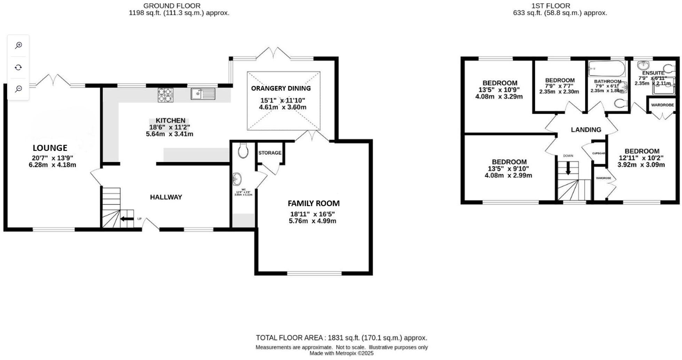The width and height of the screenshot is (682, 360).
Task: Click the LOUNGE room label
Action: coord(50,148)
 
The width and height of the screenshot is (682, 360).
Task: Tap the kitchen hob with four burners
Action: coord(165,95)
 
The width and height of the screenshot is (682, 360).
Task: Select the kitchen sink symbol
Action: coord(203,94)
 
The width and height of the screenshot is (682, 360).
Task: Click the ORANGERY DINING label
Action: coord(281,88)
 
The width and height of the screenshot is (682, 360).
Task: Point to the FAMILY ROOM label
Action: coord(314,203)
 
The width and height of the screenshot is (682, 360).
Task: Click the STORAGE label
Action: coord(270,153)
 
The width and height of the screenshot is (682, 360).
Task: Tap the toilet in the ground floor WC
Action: coord(243,151)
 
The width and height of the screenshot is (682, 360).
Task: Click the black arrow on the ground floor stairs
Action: coord(127,219)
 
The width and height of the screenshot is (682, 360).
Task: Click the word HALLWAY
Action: coord(166,197)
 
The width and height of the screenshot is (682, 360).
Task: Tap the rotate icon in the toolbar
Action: coord(18,67)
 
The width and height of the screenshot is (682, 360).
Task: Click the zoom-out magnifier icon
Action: coord(18,89)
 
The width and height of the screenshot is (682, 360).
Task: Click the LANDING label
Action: coord(586,130)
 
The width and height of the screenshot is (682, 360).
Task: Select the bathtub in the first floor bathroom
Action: coord(606,69)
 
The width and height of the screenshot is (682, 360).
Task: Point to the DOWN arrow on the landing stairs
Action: coord(568,169)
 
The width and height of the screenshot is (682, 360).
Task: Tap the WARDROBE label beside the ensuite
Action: coord(662,105)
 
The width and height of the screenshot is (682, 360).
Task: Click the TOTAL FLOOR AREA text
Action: coord(341,338)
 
